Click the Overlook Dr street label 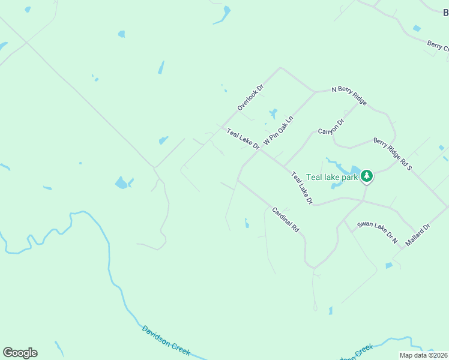(251, 97)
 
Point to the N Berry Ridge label (349, 96)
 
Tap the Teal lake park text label (332, 177)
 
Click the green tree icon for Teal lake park (367, 176)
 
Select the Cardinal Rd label (286, 220)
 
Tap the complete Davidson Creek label (166, 339)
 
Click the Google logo (20, 353)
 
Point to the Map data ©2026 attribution (424, 355)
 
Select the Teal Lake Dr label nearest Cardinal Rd (302, 188)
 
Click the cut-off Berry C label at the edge (438, 46)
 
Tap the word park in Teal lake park (349, 177)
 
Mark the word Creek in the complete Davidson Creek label (181, 348)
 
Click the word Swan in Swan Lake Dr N (366, 226)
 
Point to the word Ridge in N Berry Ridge (358, 99)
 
